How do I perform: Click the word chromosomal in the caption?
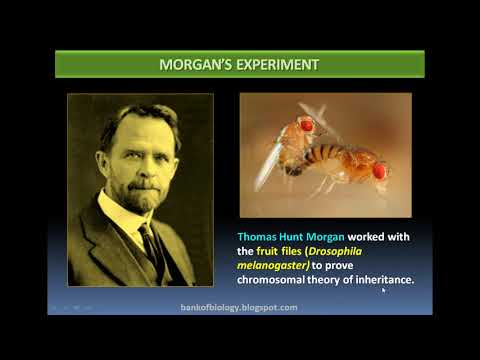coord(276,281)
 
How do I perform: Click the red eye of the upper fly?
coord(306,125)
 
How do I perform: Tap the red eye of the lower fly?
coord(379,170)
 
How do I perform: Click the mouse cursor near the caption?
coord(384,291)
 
